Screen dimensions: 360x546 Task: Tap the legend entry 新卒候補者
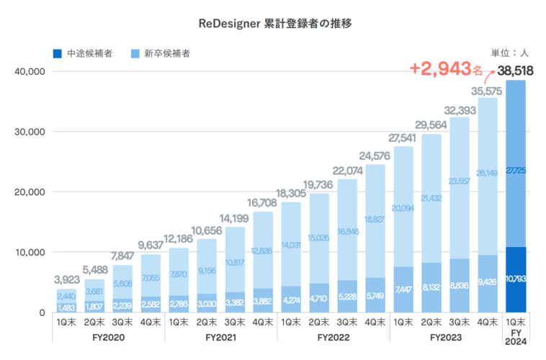click(161, 53)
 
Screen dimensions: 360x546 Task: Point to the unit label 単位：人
click(509, 53)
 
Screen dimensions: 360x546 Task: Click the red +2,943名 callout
click(446, 69)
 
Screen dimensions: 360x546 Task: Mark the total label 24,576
click(375, 156)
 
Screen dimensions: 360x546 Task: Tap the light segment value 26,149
click(488, 173)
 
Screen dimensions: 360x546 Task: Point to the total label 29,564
click(431, 125)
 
